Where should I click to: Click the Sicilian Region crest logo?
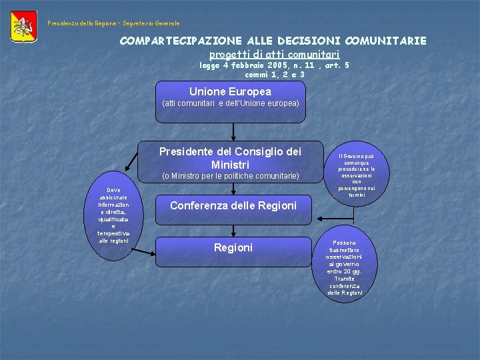[24, 26]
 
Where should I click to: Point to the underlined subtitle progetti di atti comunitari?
[274, 53]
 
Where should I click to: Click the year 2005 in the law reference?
[278, 65]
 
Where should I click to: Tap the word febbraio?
[247, 65]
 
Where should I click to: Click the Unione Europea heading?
[230, 91]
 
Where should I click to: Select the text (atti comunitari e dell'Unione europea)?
[230, 104]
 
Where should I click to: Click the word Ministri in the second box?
[230, 164]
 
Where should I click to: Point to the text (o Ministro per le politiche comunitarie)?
[230, 177]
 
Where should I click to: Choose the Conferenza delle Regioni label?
[233, 205]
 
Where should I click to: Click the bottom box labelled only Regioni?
[233, 248]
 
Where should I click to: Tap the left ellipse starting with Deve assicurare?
[114, 215]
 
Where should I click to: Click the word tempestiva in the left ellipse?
[114, 233]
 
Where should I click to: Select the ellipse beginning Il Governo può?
[356, 175]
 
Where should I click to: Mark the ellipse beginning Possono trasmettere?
[345, 267]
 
